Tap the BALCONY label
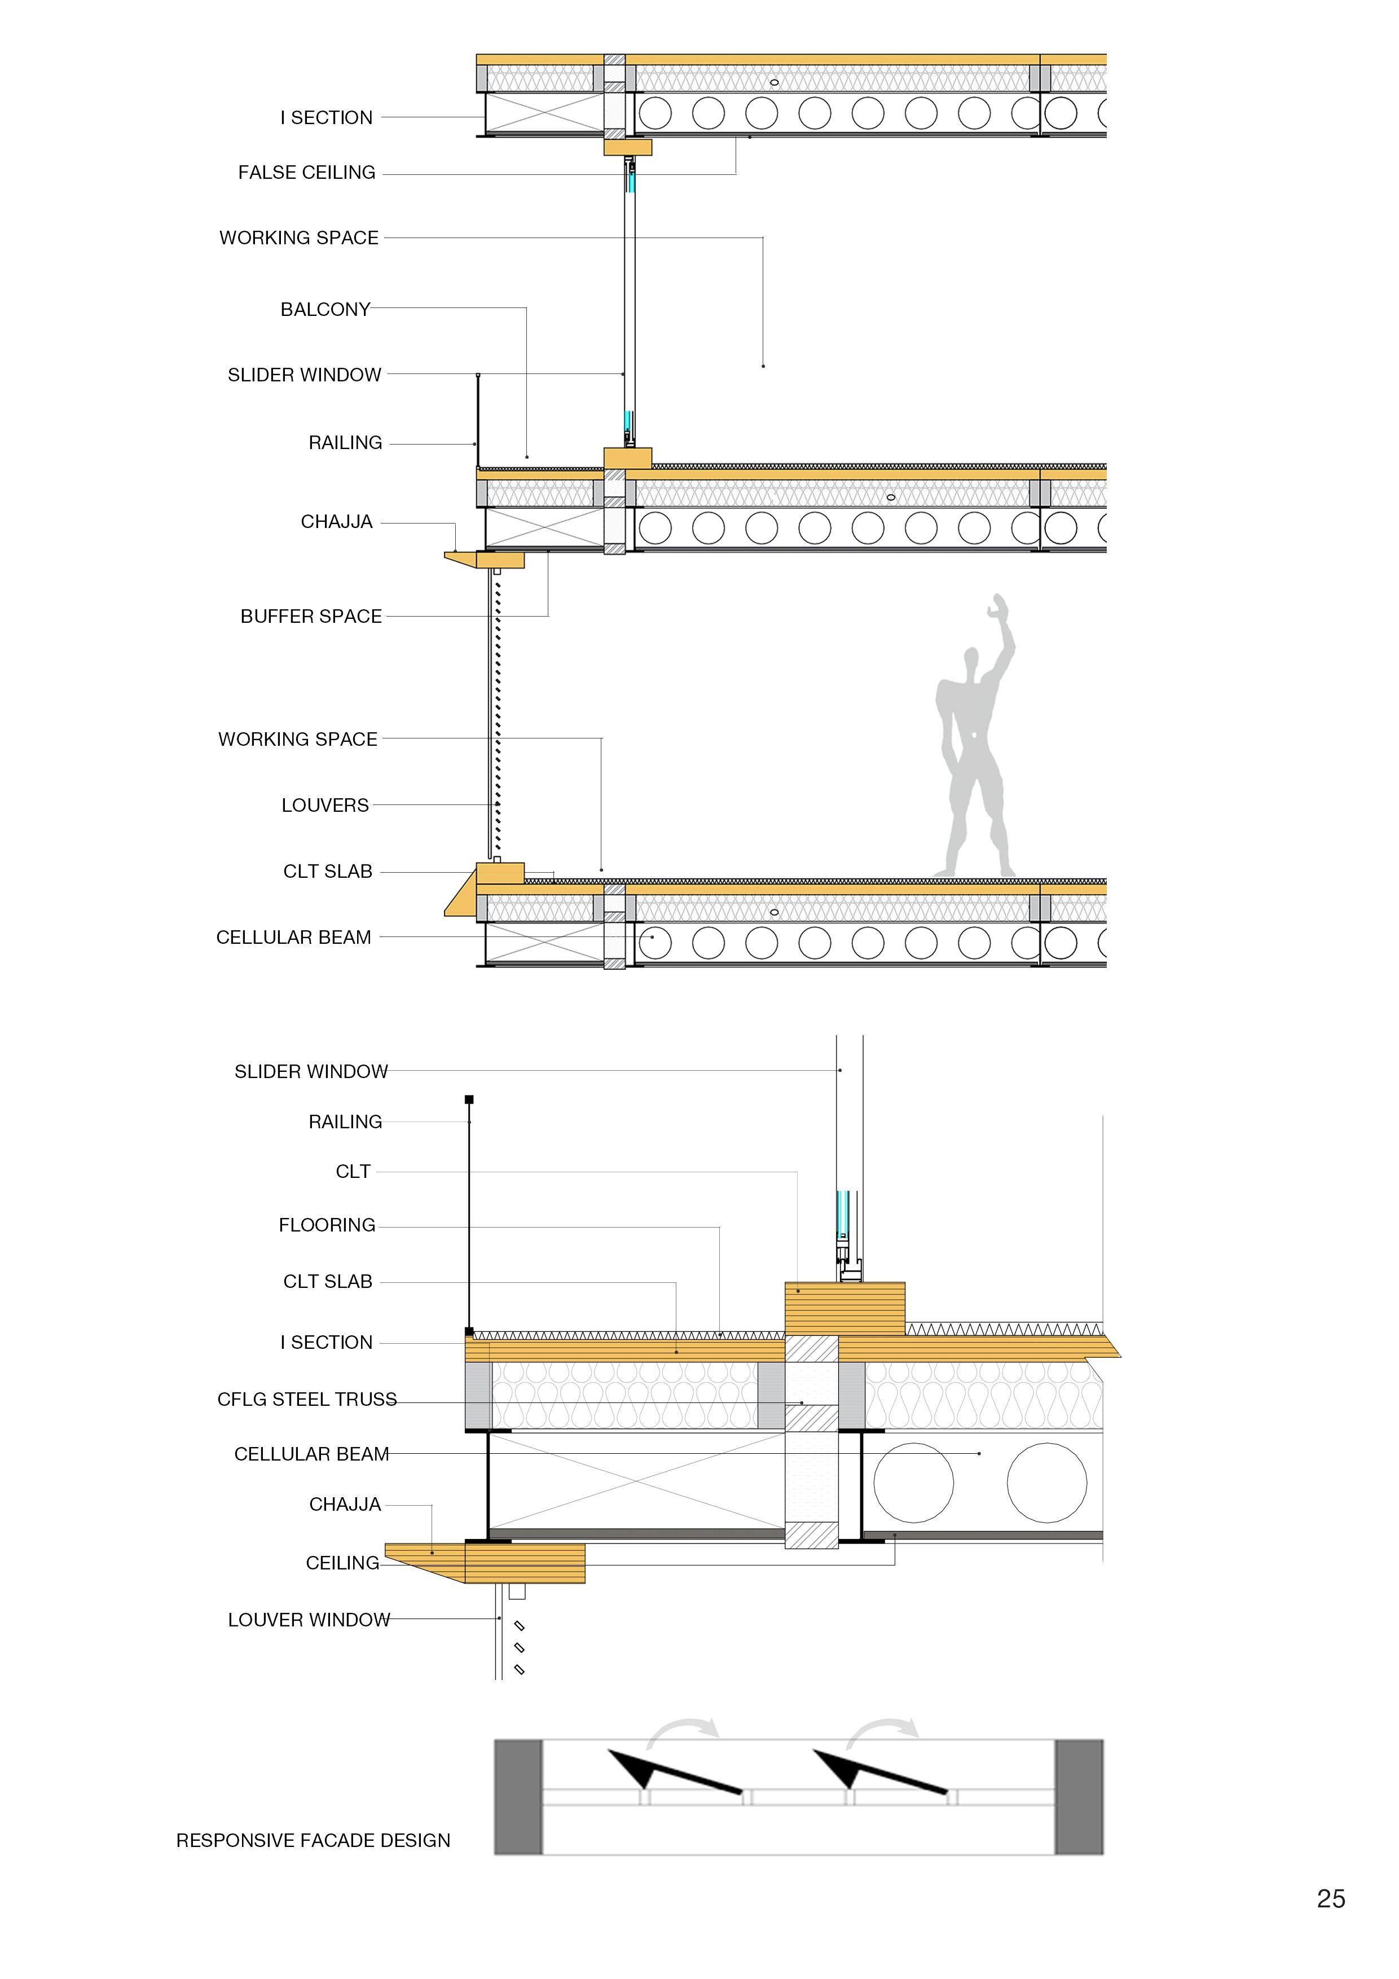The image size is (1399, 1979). click(325, 310)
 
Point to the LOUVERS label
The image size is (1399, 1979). click(325, 805)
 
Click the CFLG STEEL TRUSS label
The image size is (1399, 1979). click(307, 1399)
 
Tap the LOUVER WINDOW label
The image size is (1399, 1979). click(309, 1620)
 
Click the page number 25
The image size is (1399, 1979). click(1331, 1899)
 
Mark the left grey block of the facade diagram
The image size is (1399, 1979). click(518, 1797)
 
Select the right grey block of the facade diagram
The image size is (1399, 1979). click(1079, 1797)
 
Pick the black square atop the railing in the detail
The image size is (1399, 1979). click(469, 1100)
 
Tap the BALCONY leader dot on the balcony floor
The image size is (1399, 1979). click(527, 457)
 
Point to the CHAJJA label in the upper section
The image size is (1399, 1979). click(336, 521)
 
